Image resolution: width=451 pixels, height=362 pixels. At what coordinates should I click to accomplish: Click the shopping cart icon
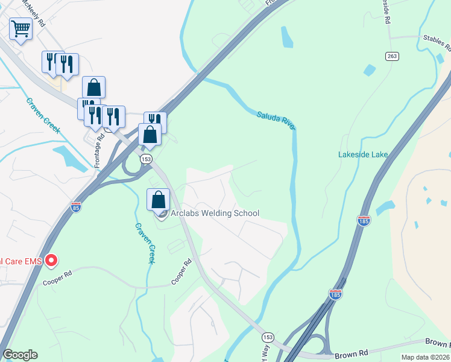tap(20, 28)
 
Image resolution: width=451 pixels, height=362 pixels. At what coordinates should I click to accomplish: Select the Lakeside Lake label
tap(362, 154)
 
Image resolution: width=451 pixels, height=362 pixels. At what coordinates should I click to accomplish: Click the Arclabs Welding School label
tap(215, 213)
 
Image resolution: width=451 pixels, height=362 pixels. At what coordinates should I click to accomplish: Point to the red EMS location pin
tap(52, 261)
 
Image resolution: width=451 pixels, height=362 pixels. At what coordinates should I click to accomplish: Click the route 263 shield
tap(393, 56)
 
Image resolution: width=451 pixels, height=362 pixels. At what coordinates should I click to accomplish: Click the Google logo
tap(20, 355)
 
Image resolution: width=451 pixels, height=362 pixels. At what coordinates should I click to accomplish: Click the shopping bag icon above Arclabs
tap(158, 200)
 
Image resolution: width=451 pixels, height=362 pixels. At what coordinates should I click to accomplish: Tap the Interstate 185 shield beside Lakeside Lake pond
tap(364, 220)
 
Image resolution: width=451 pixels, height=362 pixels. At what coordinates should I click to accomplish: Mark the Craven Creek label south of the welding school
tap(145, 243)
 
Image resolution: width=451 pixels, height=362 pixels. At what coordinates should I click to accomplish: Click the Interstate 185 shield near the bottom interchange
tap(336, 294)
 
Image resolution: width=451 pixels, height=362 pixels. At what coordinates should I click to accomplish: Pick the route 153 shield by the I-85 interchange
tap(145, 159)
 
